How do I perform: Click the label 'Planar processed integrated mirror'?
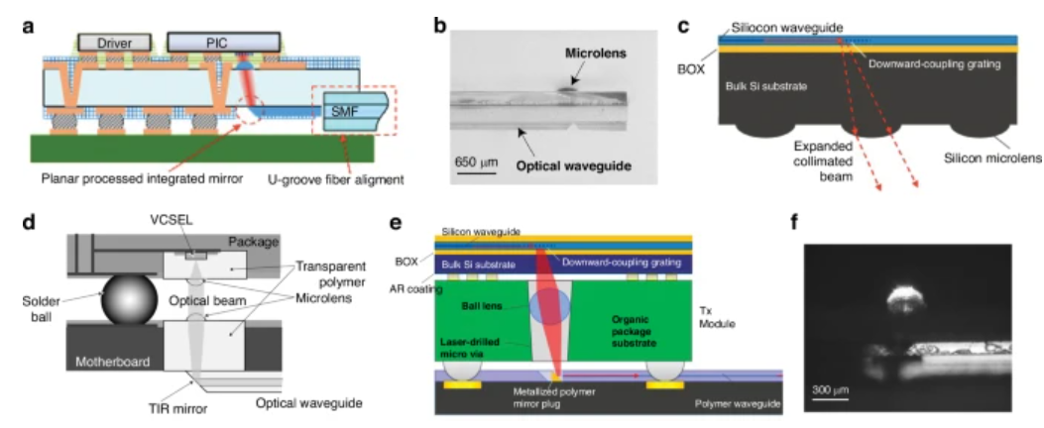point(143,179)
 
